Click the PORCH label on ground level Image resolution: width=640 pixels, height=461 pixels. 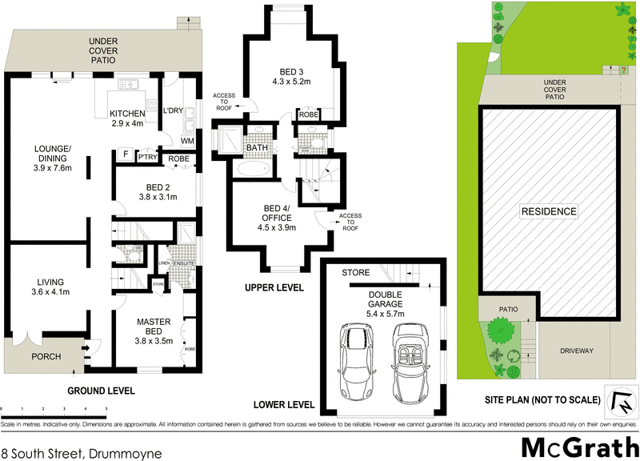[46, 357]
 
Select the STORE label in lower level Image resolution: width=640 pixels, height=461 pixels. [355, 273]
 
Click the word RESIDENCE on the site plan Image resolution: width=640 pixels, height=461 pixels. [549, 211]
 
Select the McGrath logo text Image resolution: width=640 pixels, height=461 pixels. [577, 446]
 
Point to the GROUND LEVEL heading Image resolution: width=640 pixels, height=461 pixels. [102, 391]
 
